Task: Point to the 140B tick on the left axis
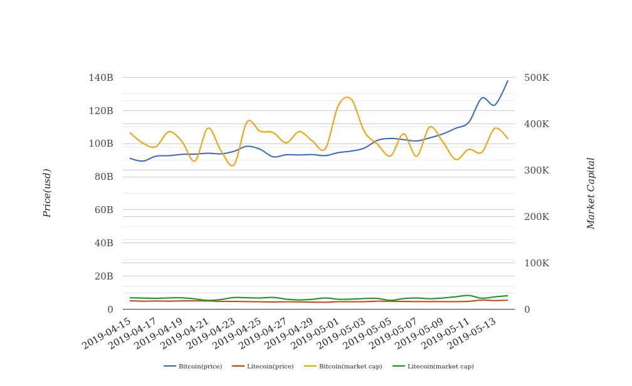(x=101, y=78)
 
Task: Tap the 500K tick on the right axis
(x=537, y=78)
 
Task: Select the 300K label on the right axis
(x=537, y=170)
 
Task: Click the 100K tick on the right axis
(x=537, y=263)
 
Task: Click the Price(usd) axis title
(x=47, y=193)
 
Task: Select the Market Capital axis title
(x=591, y=193)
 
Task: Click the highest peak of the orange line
(x=347, y=97)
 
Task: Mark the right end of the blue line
(x=508, y=80)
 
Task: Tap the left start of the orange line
(x=130, y=133)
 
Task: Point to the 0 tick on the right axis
(x=527, y=310)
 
